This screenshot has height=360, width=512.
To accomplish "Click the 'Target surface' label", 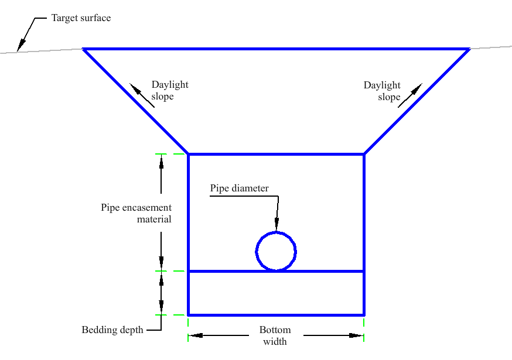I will click(x=81, y=18).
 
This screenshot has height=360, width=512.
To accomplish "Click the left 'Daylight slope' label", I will click(x=170, y=90).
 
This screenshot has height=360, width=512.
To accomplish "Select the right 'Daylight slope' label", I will click(x=382, y=91).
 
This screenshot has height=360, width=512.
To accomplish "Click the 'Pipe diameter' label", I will click(x=239, y=188).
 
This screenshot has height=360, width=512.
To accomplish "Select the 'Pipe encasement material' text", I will click(x=136, y=213).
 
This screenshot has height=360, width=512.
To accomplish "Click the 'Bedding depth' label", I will click(x=112, y=330).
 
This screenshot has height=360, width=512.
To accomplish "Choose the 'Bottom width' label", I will click(x=275, y=335).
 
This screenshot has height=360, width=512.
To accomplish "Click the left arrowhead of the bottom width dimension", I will click(x=196, y=335).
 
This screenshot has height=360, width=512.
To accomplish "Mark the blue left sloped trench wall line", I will click(x=135, y=101).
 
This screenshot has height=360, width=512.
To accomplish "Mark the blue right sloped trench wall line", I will click(x=417, y=101).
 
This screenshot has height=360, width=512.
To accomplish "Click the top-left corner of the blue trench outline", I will click(x=83, y=49).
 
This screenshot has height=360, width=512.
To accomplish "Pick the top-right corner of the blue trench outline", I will click(x=469, y=49).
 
